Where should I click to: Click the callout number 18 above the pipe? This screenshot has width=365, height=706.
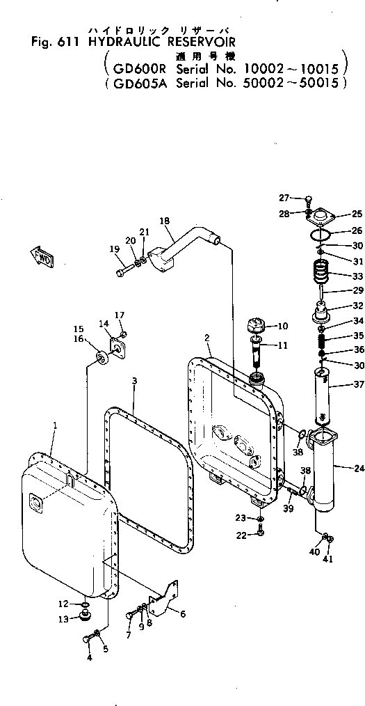coord(164,221)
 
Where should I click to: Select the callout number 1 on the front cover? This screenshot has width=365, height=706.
coord(55,444)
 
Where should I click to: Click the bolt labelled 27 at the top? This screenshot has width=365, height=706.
coord(306,201)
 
